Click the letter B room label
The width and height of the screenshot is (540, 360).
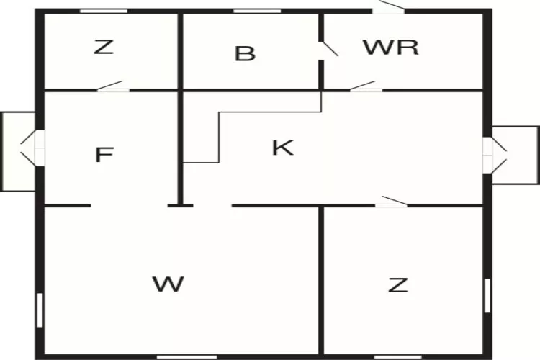[245, 54]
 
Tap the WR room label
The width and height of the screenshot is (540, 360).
[391, 48]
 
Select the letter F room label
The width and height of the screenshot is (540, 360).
[104, 154]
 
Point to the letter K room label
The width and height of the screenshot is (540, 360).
[283, 148]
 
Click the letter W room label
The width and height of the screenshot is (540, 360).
[168, 284]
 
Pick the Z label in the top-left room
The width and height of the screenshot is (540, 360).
[104, 47]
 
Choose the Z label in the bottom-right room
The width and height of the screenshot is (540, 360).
[398, 285]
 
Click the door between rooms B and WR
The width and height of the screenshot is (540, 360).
[327, 50]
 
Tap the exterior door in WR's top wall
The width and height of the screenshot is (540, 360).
[389, 8]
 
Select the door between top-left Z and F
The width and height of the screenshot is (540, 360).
[112, 86]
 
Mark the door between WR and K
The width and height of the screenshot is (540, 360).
[366, 86]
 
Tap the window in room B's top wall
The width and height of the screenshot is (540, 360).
[257, 12]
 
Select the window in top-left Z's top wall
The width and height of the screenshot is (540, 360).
[104, 12]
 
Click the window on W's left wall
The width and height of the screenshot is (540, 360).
[40, 310]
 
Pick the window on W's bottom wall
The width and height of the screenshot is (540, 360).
[187, 357]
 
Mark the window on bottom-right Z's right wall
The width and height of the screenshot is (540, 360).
[487, 296]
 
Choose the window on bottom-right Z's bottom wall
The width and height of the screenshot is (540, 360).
[397, 357]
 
